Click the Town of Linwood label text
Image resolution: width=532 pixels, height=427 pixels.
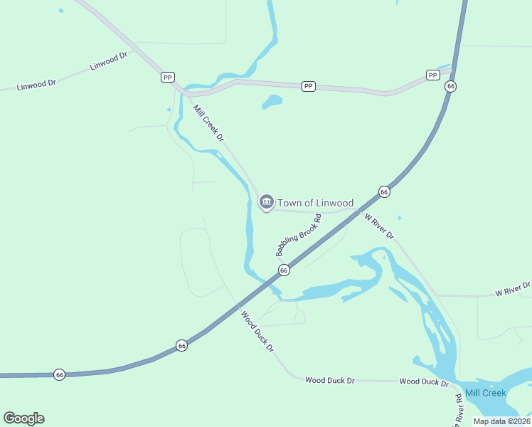point(315,203)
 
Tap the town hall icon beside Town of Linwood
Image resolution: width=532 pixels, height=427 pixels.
point(266,203)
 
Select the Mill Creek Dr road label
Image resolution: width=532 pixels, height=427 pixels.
point(209,122)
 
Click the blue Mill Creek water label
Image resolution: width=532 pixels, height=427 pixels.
point(486,393)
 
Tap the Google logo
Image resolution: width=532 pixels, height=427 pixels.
point(23,418)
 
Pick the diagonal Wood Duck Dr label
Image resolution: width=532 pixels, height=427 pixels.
point(257,332)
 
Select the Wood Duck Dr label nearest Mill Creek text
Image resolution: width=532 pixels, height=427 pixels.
point(424,381)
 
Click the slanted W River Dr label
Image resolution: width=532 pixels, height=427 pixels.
point(379,226)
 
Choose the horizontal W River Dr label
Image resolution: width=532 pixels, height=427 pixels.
point(513,289)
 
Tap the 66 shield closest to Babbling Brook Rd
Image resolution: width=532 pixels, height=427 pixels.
point(284,270)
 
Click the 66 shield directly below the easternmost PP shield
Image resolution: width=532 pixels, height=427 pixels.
point(450,86)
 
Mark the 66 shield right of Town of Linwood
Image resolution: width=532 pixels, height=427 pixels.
point(384,191)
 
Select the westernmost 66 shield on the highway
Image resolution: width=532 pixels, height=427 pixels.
point(60,374)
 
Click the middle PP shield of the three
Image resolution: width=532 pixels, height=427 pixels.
point(308,86)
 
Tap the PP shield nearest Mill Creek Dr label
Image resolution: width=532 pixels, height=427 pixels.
point(167,77)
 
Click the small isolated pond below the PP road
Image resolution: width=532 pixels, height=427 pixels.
point(272,102)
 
